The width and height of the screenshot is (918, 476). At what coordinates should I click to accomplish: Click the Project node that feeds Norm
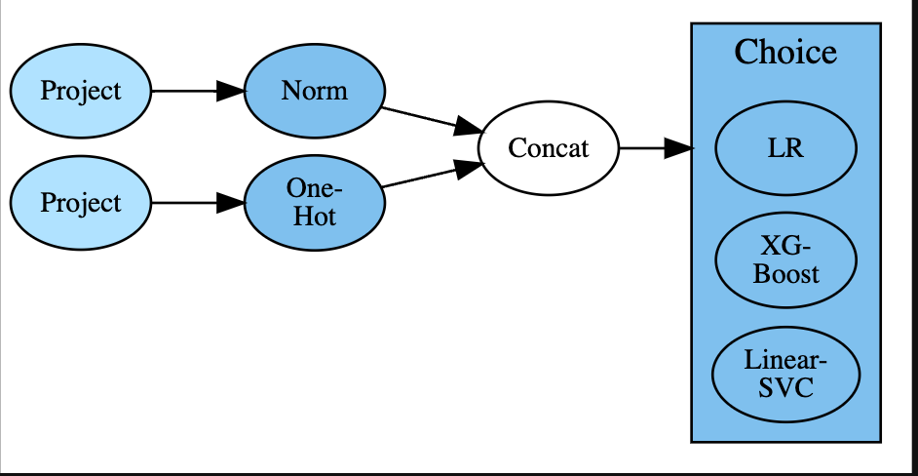80,91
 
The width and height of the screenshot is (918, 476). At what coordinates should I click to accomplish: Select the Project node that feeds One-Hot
80,203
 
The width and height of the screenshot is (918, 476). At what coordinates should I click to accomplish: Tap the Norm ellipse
314,91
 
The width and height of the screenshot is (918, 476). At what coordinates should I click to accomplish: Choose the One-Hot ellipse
314,203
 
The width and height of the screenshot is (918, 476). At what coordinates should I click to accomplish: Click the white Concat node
549,148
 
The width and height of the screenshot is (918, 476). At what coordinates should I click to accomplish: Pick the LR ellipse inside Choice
785,148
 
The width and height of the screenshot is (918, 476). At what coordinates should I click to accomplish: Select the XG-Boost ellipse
785,260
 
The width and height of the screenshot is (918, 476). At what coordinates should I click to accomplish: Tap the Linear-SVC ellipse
785,373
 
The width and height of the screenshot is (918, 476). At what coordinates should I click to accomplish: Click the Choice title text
785,52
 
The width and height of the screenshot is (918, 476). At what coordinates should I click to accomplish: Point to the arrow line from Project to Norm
185,91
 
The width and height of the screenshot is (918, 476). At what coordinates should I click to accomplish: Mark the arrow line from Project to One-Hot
185,203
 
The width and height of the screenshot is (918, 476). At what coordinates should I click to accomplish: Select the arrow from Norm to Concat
419,117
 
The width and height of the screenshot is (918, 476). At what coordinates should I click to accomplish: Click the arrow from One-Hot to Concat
419,178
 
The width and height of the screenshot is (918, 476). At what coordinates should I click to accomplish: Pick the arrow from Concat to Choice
643,148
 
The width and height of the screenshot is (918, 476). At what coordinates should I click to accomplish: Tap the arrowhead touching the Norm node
230,91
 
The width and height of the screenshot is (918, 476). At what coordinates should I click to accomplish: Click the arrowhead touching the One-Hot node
230,203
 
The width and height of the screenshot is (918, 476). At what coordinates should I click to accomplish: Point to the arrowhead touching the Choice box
679,148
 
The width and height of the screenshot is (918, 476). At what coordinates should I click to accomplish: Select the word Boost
785,273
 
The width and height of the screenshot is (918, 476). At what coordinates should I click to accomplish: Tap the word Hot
314,216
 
